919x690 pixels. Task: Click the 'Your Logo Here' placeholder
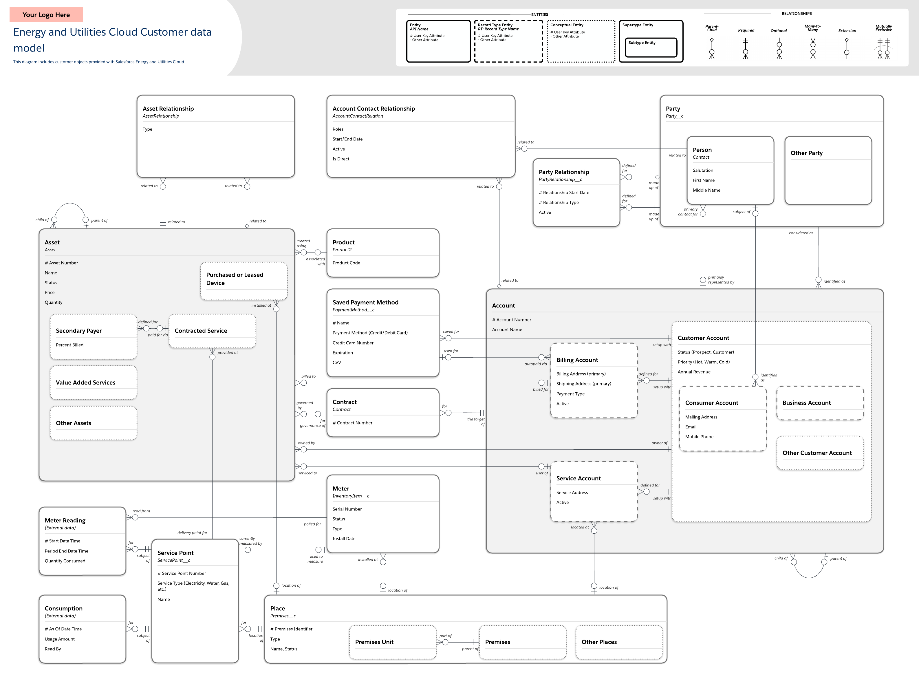click(46, 14)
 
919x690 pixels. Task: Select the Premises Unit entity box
click(392, 642)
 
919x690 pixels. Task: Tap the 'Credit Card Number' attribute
click(353, 343)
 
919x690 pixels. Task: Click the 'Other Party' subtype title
click(806, 153)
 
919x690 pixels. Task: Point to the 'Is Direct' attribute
click(341, 159)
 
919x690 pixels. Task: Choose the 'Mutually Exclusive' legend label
click(883, 28)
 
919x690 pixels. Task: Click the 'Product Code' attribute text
click(346, 263)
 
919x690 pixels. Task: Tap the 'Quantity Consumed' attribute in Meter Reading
click(65, 561)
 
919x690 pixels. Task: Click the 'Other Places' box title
click(599, 642)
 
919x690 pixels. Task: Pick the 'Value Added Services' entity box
click(94, 382)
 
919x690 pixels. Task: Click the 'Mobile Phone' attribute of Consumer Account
click(699, 437)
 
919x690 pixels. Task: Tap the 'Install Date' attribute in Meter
click(344, 539)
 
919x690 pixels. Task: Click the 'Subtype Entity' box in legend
click(651, 47)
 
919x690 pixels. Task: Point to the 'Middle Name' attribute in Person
click(706, 190)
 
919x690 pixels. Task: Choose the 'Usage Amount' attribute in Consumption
click(60, 639)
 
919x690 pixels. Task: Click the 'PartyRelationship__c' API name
click(560, 180)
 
